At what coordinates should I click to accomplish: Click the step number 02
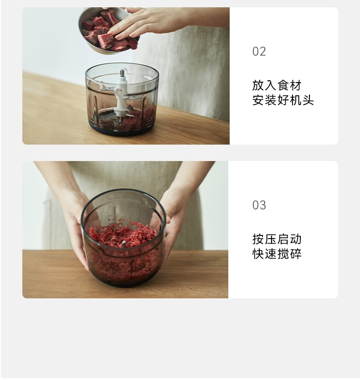pyautogui.click(x=259, y=52)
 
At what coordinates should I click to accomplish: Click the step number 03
pyautogui.click(x=259, y=205)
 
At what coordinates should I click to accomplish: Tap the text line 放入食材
pyautogui.click(x=277, y=85)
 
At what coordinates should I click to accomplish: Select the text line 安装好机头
pyautogui.click(x=283, y=100)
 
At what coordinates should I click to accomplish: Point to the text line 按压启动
pyautogui.click(x=277, y=239)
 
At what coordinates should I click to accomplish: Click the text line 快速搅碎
pyautogui.click(x=277, y=254)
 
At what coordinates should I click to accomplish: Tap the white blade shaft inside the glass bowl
pyautogui.click(x=122, y=94)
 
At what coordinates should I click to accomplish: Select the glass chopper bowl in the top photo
pyautogui.click(x=122, y=98)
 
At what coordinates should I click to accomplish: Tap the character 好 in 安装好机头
pyautogui.click(x=283, y=100)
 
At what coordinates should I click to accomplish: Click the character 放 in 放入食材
pyautogui.click(x=258, y=85)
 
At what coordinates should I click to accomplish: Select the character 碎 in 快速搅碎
pyautogui.click(x=296, y=254)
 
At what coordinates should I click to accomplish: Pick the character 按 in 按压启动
pyautogui.click(x=258, y=239)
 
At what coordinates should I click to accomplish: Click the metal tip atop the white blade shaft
pyautogui.click(x=122, y=73)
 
